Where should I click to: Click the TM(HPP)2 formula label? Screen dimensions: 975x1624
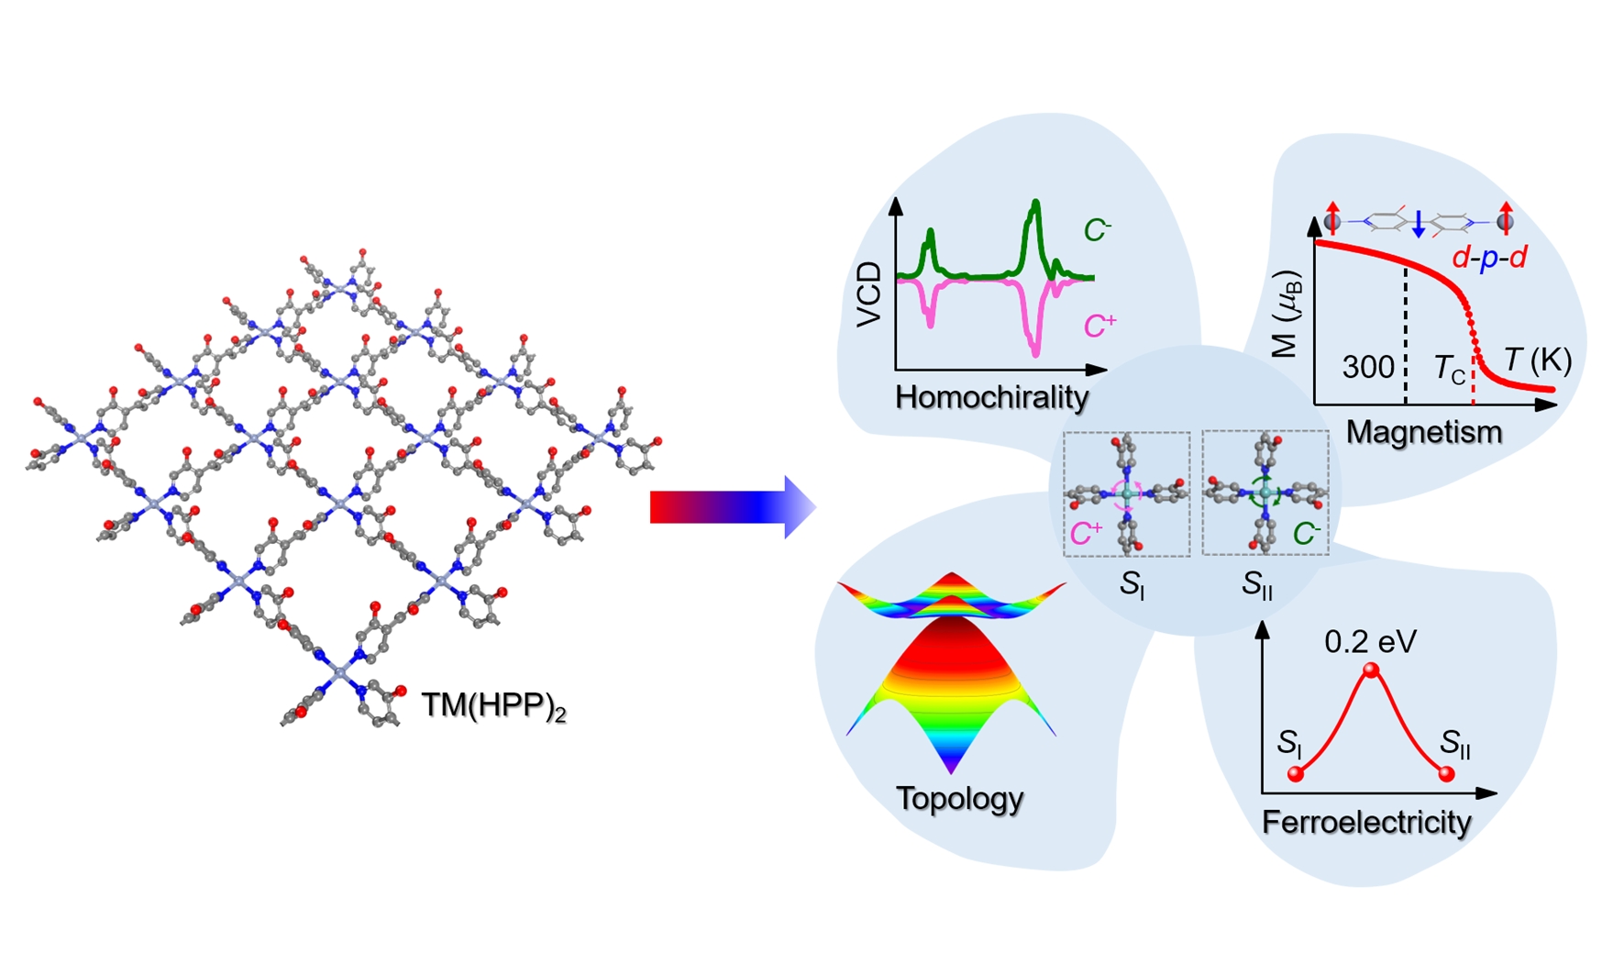click(x=493, y=705)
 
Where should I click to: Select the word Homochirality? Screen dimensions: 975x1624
click(x=991, y=397)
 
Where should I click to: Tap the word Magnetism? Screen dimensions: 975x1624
click(x=1423, y=432)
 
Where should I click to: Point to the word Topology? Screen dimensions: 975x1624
click(x=959, y=798)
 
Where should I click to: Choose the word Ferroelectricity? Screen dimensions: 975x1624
click(x=1366, y=822)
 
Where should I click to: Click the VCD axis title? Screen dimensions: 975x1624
click(x=868, y=294)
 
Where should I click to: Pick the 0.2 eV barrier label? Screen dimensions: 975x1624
click(x=1370, y=641)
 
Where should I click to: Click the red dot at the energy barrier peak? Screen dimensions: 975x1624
click(x=1371, y=670)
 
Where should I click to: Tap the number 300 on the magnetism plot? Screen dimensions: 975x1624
click(x=1368, y=367)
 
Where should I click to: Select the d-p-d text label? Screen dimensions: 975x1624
click(x=1489, y=258)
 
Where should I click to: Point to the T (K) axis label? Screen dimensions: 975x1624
click(x=1538, y=360)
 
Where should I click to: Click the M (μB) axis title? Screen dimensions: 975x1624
click(x=1287, y=314)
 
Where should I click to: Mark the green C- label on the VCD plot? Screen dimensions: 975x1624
click(x=1098, y=229)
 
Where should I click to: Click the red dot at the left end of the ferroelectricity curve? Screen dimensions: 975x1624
click(x=1296, y=774)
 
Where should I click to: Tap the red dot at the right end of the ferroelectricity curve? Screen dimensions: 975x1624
click(x=1447, y=774)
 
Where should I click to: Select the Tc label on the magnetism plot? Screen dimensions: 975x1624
click(x=1449, y=369)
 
